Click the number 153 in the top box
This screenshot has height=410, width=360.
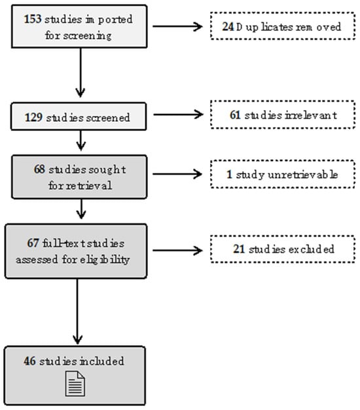tap(33, 19)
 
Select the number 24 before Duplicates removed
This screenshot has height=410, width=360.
tap(228, 26)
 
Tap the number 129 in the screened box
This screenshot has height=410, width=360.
tap(33, 117)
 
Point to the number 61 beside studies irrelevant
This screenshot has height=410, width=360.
tap(235, 115)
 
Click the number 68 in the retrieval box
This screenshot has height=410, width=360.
tap(39, 169)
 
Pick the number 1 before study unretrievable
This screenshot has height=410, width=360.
tap(229, 174)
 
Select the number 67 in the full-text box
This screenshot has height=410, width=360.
tap(33, 243)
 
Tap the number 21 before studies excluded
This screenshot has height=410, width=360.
tap(239, 249)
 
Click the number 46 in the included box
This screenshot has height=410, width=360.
tap(29, 361)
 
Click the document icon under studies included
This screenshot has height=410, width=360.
tap(75, 383)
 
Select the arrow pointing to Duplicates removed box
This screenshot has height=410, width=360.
tap(177, 26)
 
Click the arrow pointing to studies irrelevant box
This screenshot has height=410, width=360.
tap(178, 114)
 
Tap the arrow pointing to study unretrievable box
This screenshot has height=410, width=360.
tap(177, 174)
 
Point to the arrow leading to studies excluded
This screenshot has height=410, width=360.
tap(177, 250)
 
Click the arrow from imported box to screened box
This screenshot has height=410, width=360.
tap(81, 73)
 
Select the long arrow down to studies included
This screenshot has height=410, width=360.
tap(77, 311)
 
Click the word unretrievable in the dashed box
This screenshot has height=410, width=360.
tap(303, 174)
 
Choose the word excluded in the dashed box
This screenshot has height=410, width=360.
tap(311, 249)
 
